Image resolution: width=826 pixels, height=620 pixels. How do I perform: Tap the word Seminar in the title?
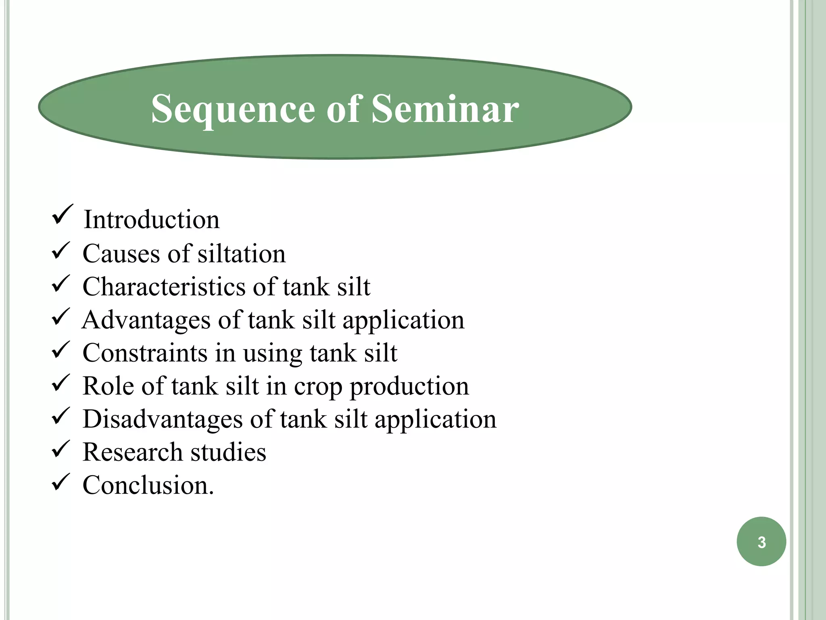(x=445, y=108)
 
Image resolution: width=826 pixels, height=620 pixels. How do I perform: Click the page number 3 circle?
(x=761, y=542)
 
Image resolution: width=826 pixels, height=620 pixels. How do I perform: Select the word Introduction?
(x=152, y=220)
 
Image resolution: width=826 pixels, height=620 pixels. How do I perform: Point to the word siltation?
(x=242, y=254)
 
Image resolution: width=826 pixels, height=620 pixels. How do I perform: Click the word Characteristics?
(x=163, y=287)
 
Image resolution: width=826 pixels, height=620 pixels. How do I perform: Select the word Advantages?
(x=146, y=320)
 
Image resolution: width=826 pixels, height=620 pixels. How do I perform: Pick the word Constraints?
(x=145, y=353)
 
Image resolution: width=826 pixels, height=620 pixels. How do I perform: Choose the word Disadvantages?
(x=162, y=419)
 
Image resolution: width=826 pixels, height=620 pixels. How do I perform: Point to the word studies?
(x=228, y=452)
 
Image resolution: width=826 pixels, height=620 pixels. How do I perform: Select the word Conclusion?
(x=148, y=485)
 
